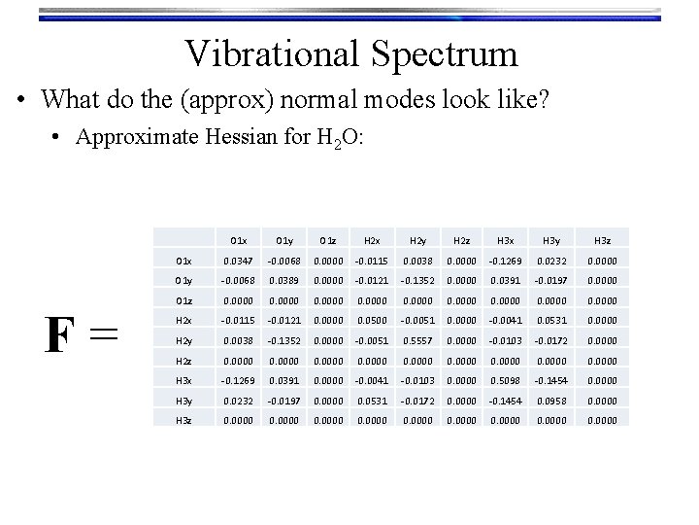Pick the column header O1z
pos(329,240)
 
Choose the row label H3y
pos(183,401)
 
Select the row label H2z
pos(183,359)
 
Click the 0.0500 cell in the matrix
pos(374,321)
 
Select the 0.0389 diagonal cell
pos(283,282)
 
